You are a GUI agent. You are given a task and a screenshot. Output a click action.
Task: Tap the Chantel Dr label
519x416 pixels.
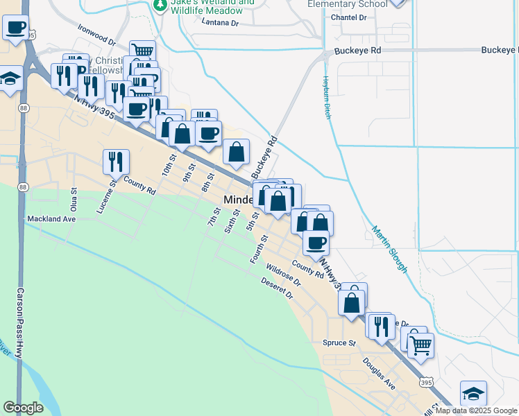[x=348, y=17]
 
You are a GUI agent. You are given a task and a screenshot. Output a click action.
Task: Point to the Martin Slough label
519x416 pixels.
[x=389, y=249]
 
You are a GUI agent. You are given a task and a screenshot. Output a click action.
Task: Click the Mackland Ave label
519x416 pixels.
[x=51, y=219]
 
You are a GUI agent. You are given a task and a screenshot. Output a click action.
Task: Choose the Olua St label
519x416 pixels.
[x=73, y=200]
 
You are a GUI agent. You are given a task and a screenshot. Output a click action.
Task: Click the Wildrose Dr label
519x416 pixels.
[x=282, y=275]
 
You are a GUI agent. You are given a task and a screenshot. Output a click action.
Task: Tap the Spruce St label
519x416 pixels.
[x=339, y=343]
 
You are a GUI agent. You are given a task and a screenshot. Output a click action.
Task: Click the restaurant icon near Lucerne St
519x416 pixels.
[x=116, y=161]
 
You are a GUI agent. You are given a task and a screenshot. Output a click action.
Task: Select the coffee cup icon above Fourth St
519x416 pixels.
[x=316, y=242]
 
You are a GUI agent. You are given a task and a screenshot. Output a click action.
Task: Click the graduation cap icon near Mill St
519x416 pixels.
[x=473, y=393]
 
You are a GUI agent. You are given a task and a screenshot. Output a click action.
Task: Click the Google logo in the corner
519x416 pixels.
[x=23, y=408]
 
